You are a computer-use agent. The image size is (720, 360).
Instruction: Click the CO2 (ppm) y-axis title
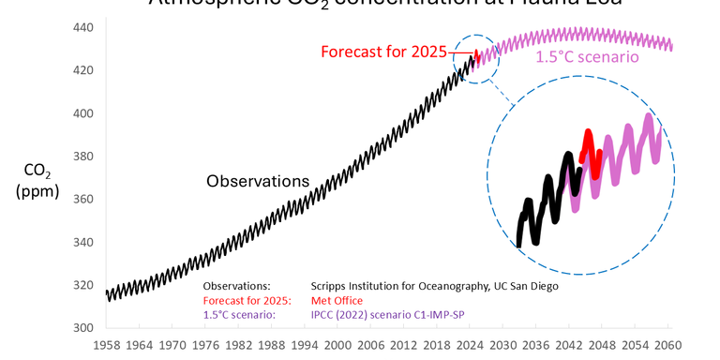coord(38,181)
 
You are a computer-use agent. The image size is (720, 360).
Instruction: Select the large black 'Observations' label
coord(258,180)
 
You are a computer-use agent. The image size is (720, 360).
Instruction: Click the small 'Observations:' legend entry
coord(236,285)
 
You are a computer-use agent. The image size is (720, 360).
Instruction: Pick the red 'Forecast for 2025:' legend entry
coord(247,300)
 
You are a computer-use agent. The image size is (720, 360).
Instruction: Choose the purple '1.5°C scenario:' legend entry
coord(238,315)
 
